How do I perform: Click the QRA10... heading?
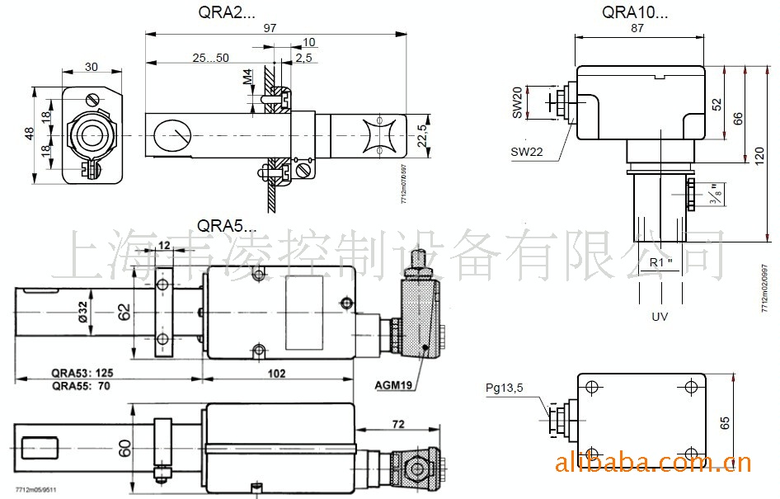tap(635, 12)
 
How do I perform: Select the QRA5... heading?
tap(227, 226)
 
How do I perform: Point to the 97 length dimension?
tap(270, 27)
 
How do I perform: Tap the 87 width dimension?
tap(637, 28)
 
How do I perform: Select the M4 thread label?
tap(248, 79)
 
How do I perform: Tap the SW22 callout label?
tap(529, 151)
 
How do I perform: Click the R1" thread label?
tap(661, 262)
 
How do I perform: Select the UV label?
tap(660, 317)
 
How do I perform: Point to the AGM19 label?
tap(392, 384)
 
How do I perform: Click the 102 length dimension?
tap(277, 374)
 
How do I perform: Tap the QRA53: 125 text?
tap(82, 373)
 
